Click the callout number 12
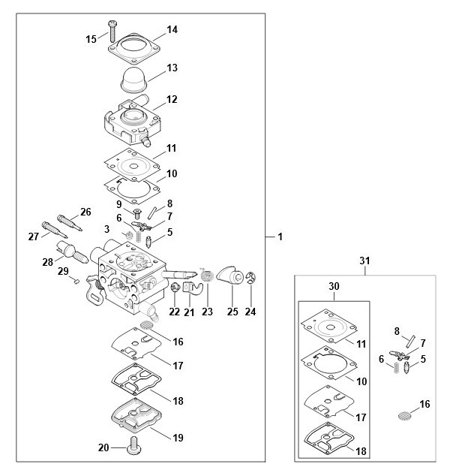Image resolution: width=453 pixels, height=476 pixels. click(x=172, y=99)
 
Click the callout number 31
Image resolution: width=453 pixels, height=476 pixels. click(x=365, y=261)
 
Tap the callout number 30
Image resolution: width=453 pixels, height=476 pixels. click(x=334, y=286)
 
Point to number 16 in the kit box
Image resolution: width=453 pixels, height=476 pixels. click(x=425, y=404)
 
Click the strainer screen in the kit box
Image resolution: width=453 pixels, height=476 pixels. click(x=403, y=414)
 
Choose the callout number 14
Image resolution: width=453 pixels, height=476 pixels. click(x=172, y=30)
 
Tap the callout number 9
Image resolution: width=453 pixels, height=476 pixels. click(x=118, y=203)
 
